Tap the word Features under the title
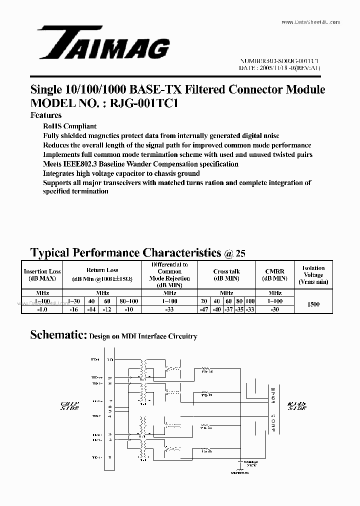click(x=46, y=115)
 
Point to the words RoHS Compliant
click(x=69, y=126)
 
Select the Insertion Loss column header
click(x=42, y=275)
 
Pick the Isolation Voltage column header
click(x=313, y=274)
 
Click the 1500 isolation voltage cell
click(x=313, y=304)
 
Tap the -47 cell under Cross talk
click(x=204, y=310)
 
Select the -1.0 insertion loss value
click(x=42, y=310)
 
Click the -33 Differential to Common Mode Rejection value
click(x=169, y=310)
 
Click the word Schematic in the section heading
click(x=58, y=335)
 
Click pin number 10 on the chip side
click(x=110, y=359)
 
